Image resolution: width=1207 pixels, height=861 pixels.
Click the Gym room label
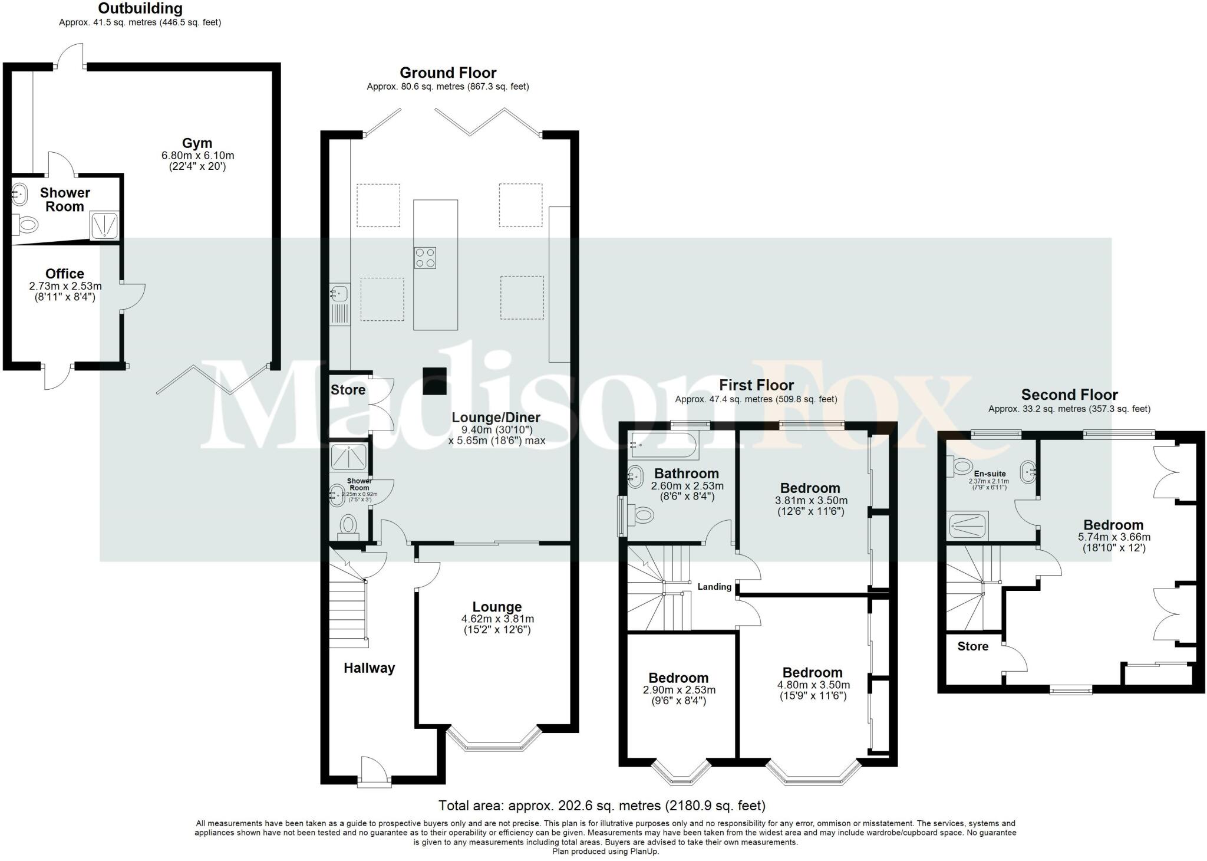pyautogui.click(x=197, y=143)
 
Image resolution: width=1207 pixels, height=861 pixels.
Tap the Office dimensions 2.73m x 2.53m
pyautogui.click(x=65, y=286)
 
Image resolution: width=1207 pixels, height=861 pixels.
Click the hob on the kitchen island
pyautogui.click(x=425, y=258)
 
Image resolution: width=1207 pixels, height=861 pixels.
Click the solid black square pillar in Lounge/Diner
pyautogui.click(x=435, y=382)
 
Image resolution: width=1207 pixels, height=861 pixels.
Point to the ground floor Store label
pyautogui.click(x=348, y=390)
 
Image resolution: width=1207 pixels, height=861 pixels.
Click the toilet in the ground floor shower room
pyautogui.click(x=348, y=524)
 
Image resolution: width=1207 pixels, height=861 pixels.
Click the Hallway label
pyautogui.click(x=369, y=668)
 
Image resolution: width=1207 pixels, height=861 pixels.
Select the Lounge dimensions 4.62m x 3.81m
pyautogui.click(x=497, y=619)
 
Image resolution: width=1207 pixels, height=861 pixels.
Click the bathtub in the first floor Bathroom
pyautogui.click(x=664, y=446)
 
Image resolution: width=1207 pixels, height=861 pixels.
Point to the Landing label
pyautogui.click(x=714, y=587)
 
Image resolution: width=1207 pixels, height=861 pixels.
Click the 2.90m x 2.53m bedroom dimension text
pyautogui.click(x=678, y=690)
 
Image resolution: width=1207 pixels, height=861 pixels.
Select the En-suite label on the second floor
pyautogui.click(x=990, y=474)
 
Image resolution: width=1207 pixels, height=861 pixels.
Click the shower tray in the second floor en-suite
pyautogui.click(x=968, y=525)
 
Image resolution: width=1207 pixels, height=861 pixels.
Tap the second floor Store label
pyautogui.click(x=972, y=646)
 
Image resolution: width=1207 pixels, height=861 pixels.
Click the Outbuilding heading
pyautogui.click(x=140, y=9)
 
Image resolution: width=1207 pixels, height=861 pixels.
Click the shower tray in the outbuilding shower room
pyautogui.click(x=105, y=225)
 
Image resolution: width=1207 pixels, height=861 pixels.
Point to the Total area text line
pyautogui.click(x=602, y=806)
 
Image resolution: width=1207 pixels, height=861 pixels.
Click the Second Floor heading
pyautogui.click(x=1069, y=395)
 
